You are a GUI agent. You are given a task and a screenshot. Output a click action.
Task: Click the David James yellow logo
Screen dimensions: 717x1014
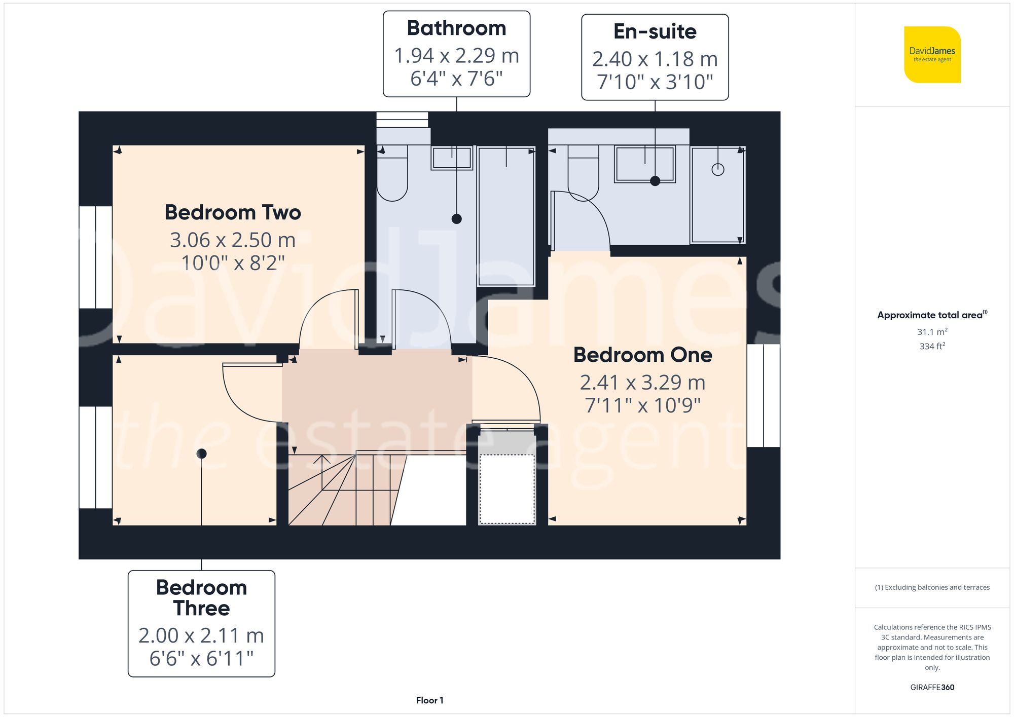tap(932, 55)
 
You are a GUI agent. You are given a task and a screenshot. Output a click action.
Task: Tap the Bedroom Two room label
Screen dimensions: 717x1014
tap(233, 212)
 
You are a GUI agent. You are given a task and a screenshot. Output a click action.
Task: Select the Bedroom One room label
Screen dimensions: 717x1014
tap(642, 355)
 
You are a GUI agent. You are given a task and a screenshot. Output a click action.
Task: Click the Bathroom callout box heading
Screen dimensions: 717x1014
tap(456, 28)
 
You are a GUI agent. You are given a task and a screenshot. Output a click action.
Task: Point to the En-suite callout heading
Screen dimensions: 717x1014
tap(655, 31)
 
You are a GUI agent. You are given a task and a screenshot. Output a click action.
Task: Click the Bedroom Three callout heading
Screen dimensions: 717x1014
tap(201, 597)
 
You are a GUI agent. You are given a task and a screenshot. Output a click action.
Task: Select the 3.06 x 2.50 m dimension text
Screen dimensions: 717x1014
tap(233, 240)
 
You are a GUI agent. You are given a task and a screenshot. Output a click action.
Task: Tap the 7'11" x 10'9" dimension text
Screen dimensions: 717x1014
tap(642, 405)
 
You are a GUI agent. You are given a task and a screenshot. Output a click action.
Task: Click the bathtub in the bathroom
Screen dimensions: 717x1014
tap(506, 215)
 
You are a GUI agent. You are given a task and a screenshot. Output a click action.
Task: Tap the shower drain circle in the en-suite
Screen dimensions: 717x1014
tap(717, 170)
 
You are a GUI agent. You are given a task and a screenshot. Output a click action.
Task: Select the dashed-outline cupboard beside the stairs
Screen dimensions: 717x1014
tap(506, 489)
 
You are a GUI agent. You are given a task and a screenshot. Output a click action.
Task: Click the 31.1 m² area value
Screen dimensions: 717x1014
tap(932, 332)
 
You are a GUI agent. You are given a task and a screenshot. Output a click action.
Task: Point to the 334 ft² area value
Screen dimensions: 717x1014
tap(932, 346)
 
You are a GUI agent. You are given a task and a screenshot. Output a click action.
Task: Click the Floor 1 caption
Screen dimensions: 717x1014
tap(429, 700)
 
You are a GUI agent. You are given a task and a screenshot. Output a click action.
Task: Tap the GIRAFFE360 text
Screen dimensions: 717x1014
tap(932, 687)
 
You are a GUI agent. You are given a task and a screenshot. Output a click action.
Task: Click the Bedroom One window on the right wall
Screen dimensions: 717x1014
tap(764, 395)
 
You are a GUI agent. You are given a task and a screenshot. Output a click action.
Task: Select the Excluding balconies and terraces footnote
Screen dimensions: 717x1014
tap(932, 587)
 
